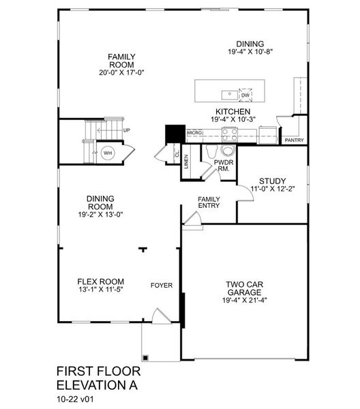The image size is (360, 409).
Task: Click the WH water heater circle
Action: click(108, 153)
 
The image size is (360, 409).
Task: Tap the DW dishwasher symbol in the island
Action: click(245, 95)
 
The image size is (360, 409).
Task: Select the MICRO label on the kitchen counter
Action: click(194, 133)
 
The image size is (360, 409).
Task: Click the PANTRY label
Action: click(295, 140)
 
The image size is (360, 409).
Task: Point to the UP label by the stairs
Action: click(127, 130)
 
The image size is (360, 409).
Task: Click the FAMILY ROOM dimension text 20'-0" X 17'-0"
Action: click(121, 72)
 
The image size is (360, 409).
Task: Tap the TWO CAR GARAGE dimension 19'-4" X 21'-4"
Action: click(245, 300)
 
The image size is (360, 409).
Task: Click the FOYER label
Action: click(162, 286)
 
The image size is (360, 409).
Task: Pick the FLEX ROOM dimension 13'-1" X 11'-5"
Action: click(101, 290)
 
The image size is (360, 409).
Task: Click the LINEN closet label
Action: click(186, 162)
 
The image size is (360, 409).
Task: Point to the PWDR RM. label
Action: click(224, 166)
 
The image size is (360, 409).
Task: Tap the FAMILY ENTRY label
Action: click(209, 202)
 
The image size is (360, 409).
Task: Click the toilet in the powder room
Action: click(228, 151)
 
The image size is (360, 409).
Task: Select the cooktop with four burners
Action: click(229, 134)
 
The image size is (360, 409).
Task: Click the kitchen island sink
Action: click(230, 95)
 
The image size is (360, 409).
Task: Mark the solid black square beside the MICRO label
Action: click(175, 134)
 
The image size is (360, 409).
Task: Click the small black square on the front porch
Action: click(145, 358)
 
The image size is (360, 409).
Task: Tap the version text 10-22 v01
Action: click(75, 399)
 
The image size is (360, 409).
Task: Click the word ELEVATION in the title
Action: click(88, 385)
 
